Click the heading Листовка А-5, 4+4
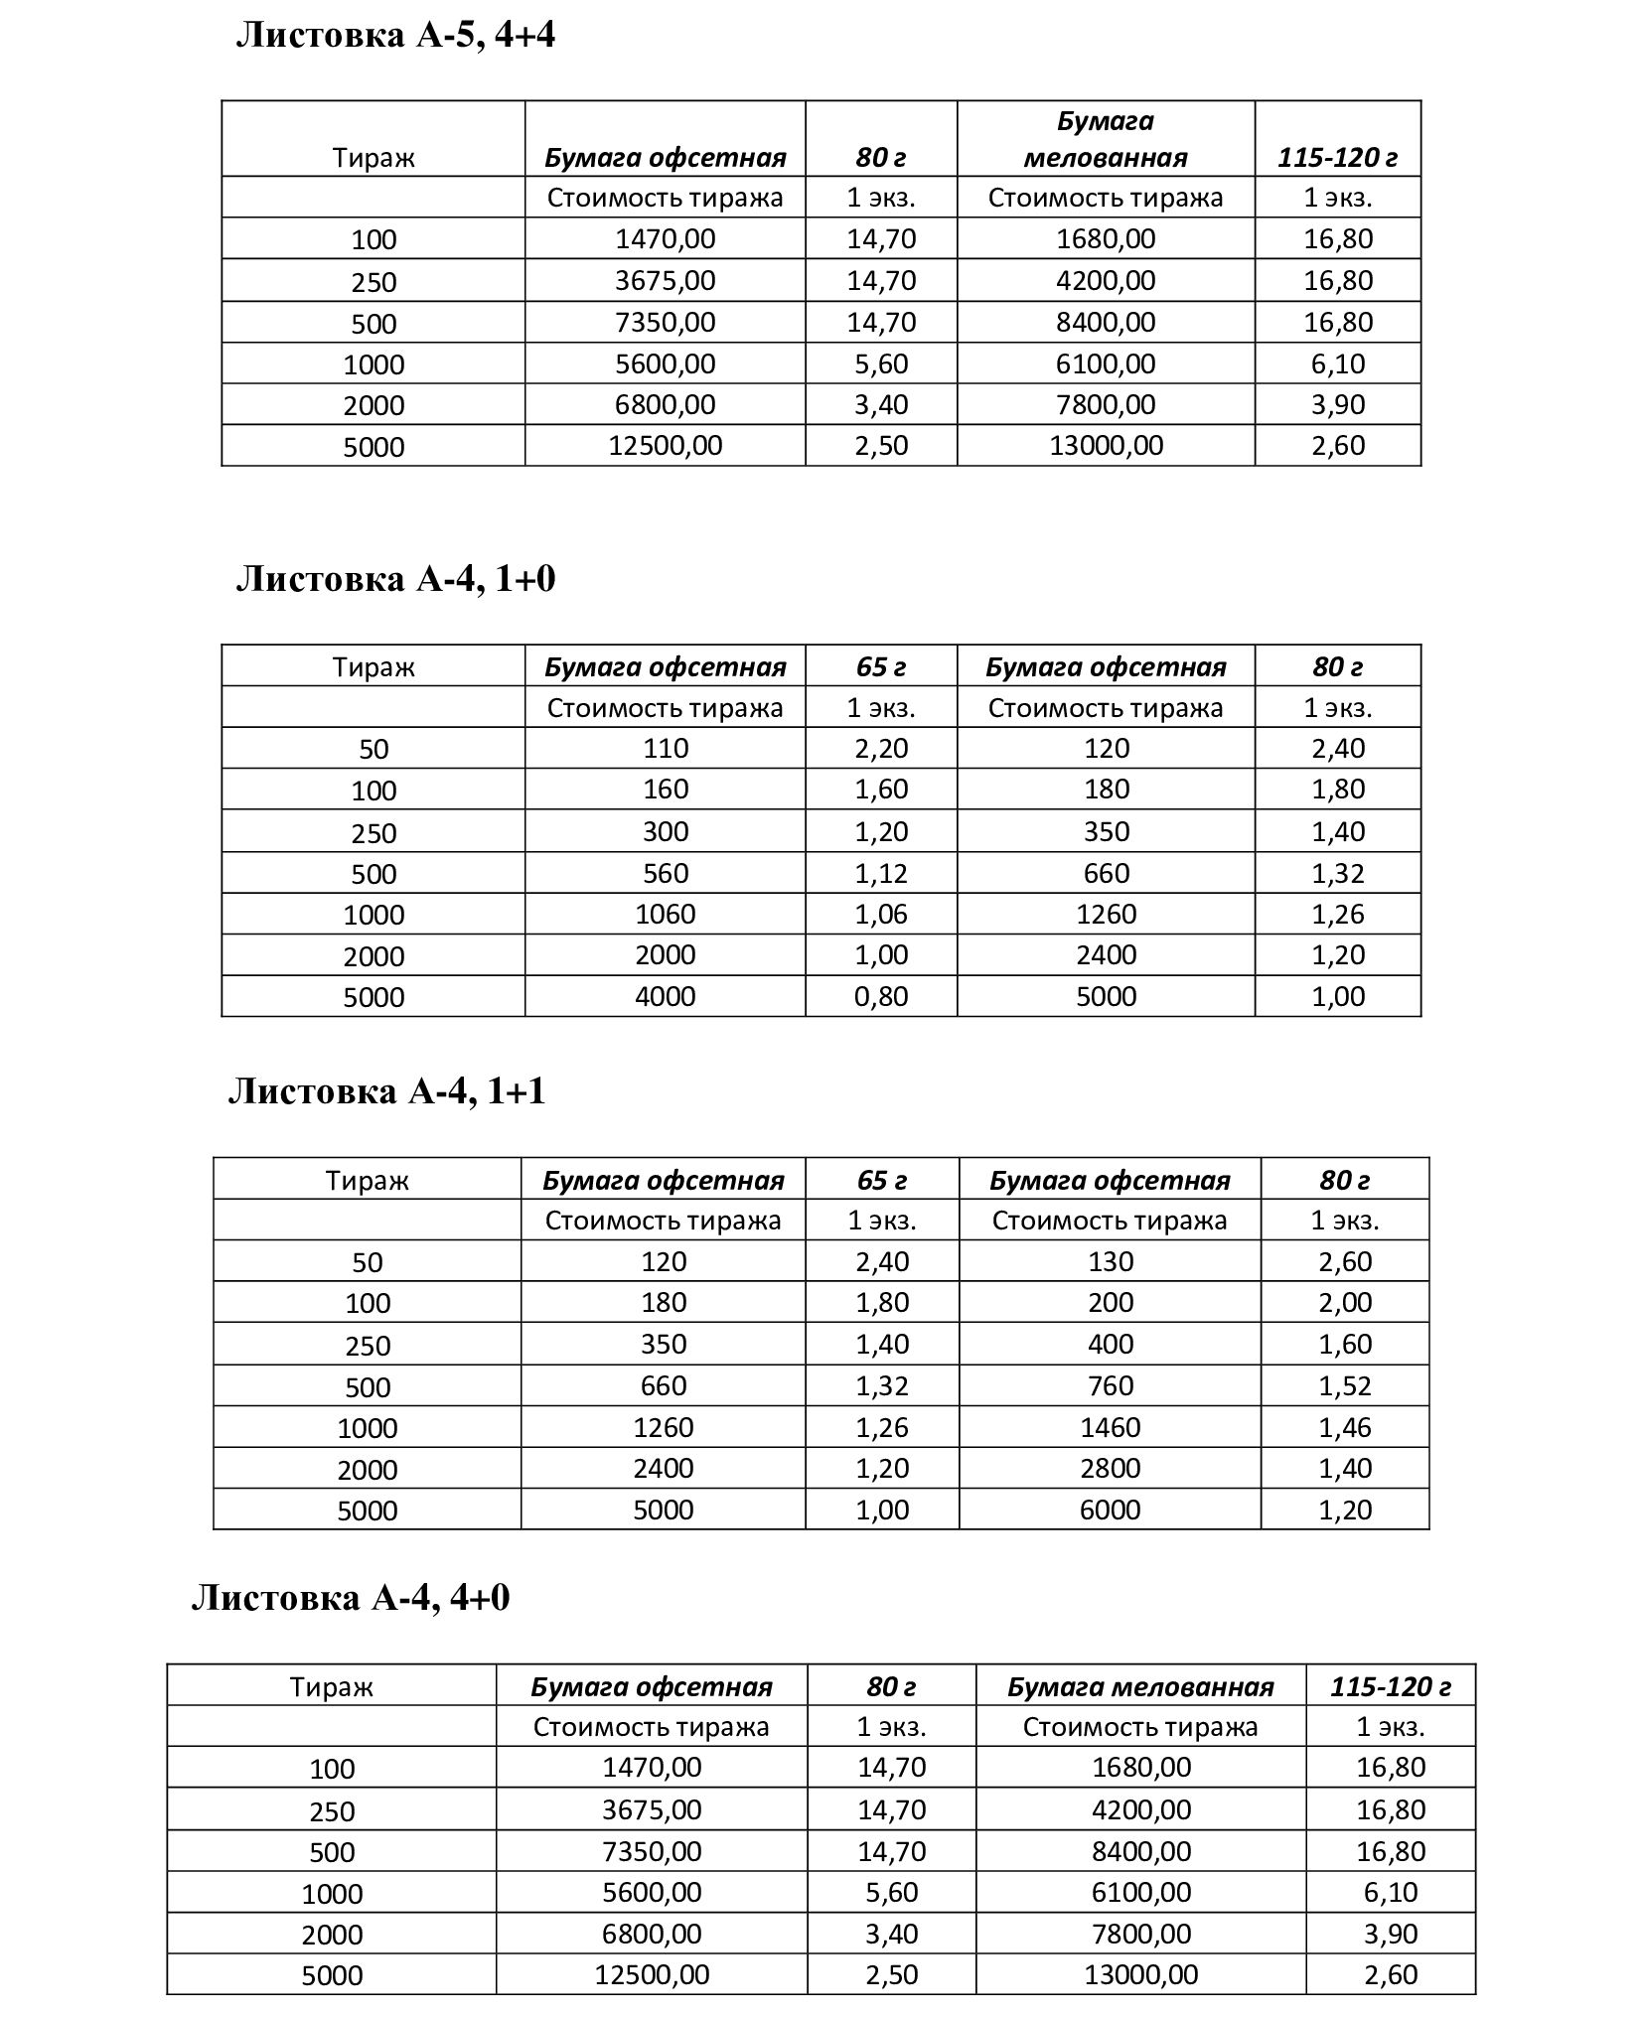(395, 36)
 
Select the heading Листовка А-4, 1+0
(395, 579)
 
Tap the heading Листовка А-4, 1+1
(387, 1091)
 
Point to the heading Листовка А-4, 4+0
(350, 1598)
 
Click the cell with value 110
(665, 748)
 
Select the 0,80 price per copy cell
(881, 996)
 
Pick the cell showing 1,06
(881, 914)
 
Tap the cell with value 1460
(1110, 1427)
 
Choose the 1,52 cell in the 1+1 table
(1345, 1385)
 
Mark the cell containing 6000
(1110, 1510)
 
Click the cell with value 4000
(665, 996)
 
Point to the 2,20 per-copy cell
(881, 748)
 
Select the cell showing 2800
(1110, 1468)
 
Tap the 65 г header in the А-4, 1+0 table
(881, 666)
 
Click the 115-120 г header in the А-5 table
(1337, 157)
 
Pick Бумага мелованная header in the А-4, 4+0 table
(1140, 1686)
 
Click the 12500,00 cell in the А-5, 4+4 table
(665, 445)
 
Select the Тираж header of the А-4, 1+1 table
(367, 1180)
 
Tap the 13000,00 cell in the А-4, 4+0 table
(1140, 1974)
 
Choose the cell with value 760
(1110, 1385)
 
